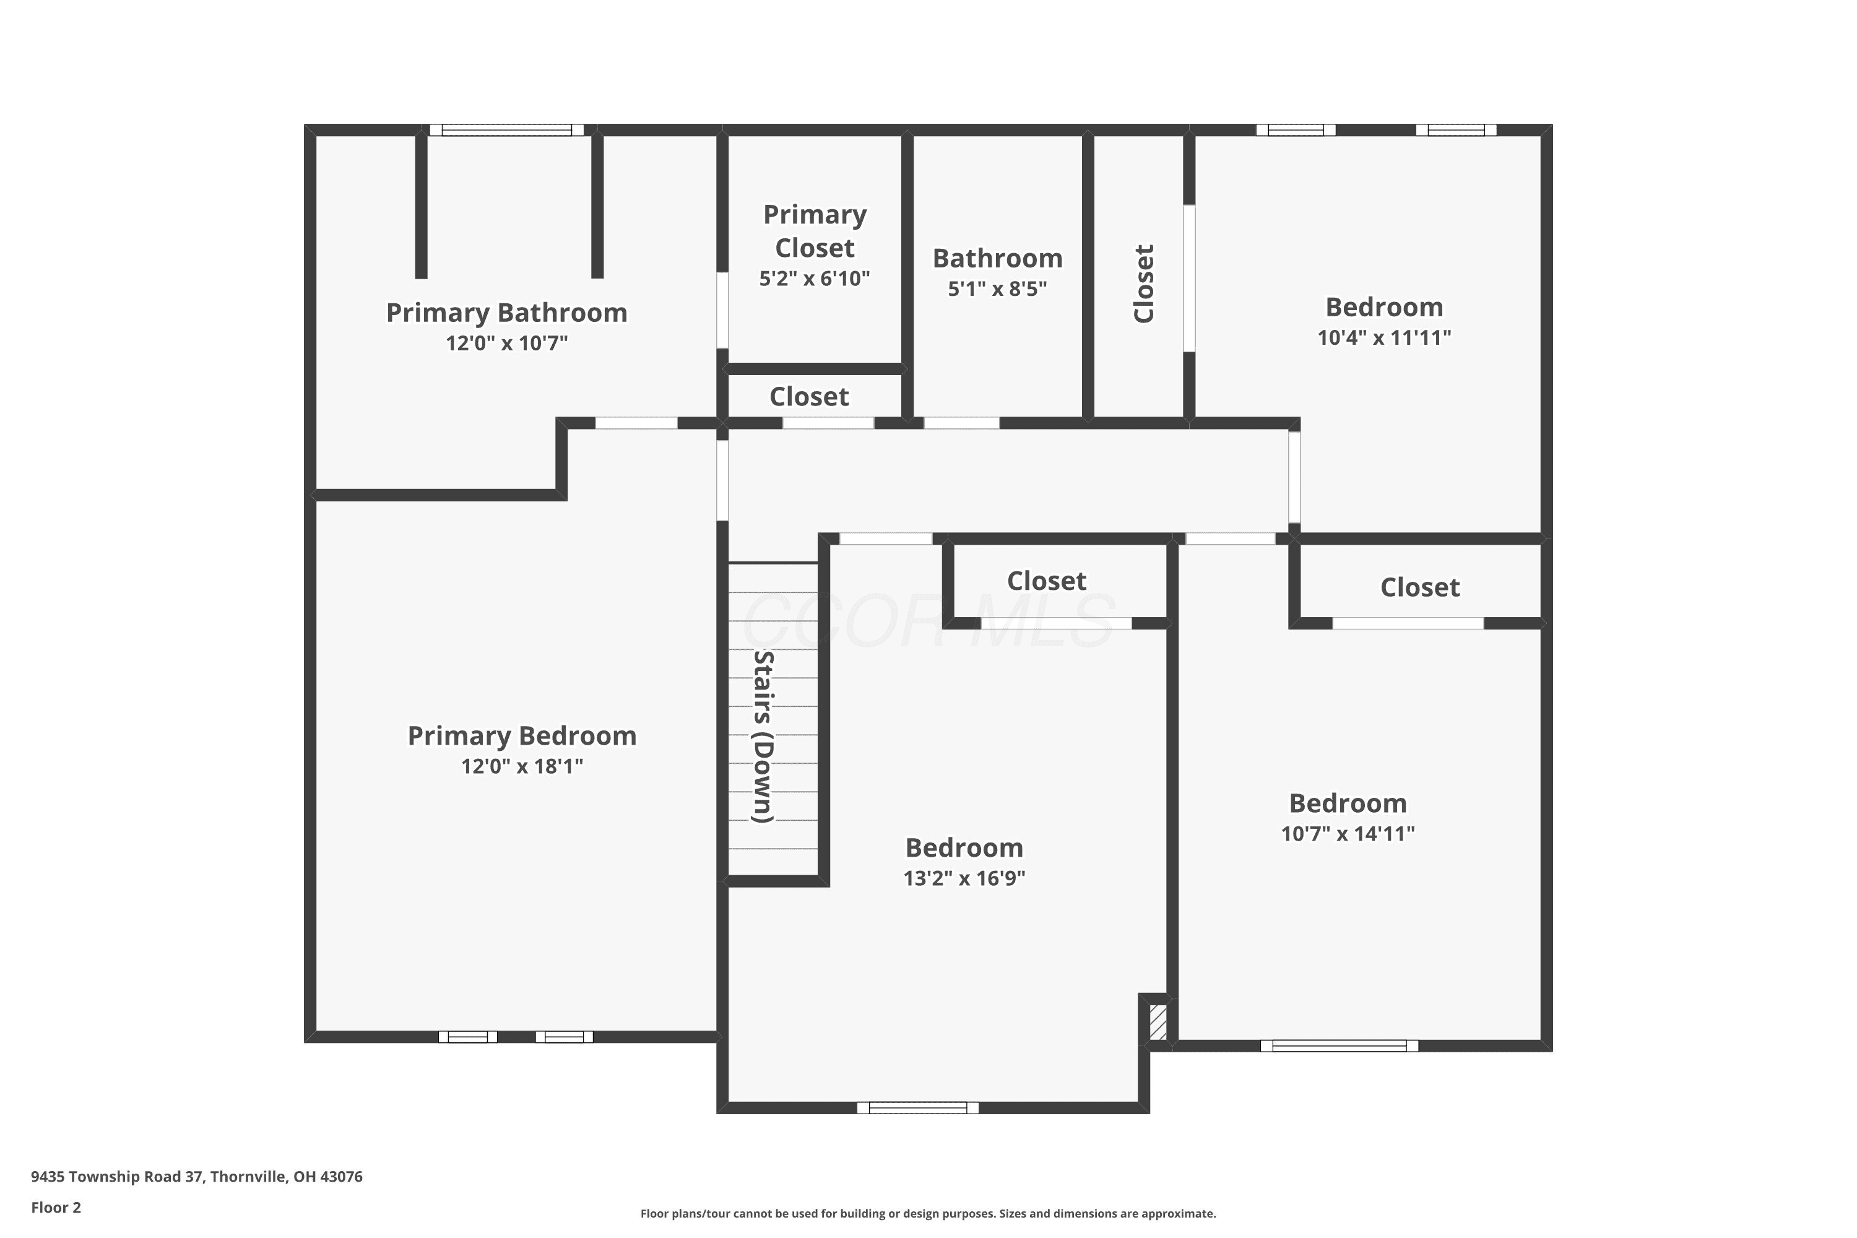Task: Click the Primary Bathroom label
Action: click(x=506, y=313)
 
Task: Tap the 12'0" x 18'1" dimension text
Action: click(x=522, y=766)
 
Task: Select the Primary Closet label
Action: click(x=815, y=230)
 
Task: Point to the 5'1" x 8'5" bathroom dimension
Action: click(x=997, y=289)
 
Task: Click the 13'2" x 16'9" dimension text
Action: click(x=964, y=878)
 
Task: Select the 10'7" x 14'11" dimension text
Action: click(x=1348, y=834)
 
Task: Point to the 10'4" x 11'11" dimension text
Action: click(x=1384, y=338)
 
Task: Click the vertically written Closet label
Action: click(x=1144, y=284)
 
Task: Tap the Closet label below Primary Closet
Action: click(x=809, y=396)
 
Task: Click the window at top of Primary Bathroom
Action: click(x=506, y=130)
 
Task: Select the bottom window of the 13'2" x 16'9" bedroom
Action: click(x=917, y=1108)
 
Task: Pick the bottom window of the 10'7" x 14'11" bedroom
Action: click(x=1339, y=1046)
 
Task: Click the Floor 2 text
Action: click(x=56, y=1207)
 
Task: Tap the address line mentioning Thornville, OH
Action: click(x=197, y=1177)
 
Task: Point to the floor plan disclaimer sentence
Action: click(x=928, y=1213)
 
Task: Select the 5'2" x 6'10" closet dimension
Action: click(x=815, y=279)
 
